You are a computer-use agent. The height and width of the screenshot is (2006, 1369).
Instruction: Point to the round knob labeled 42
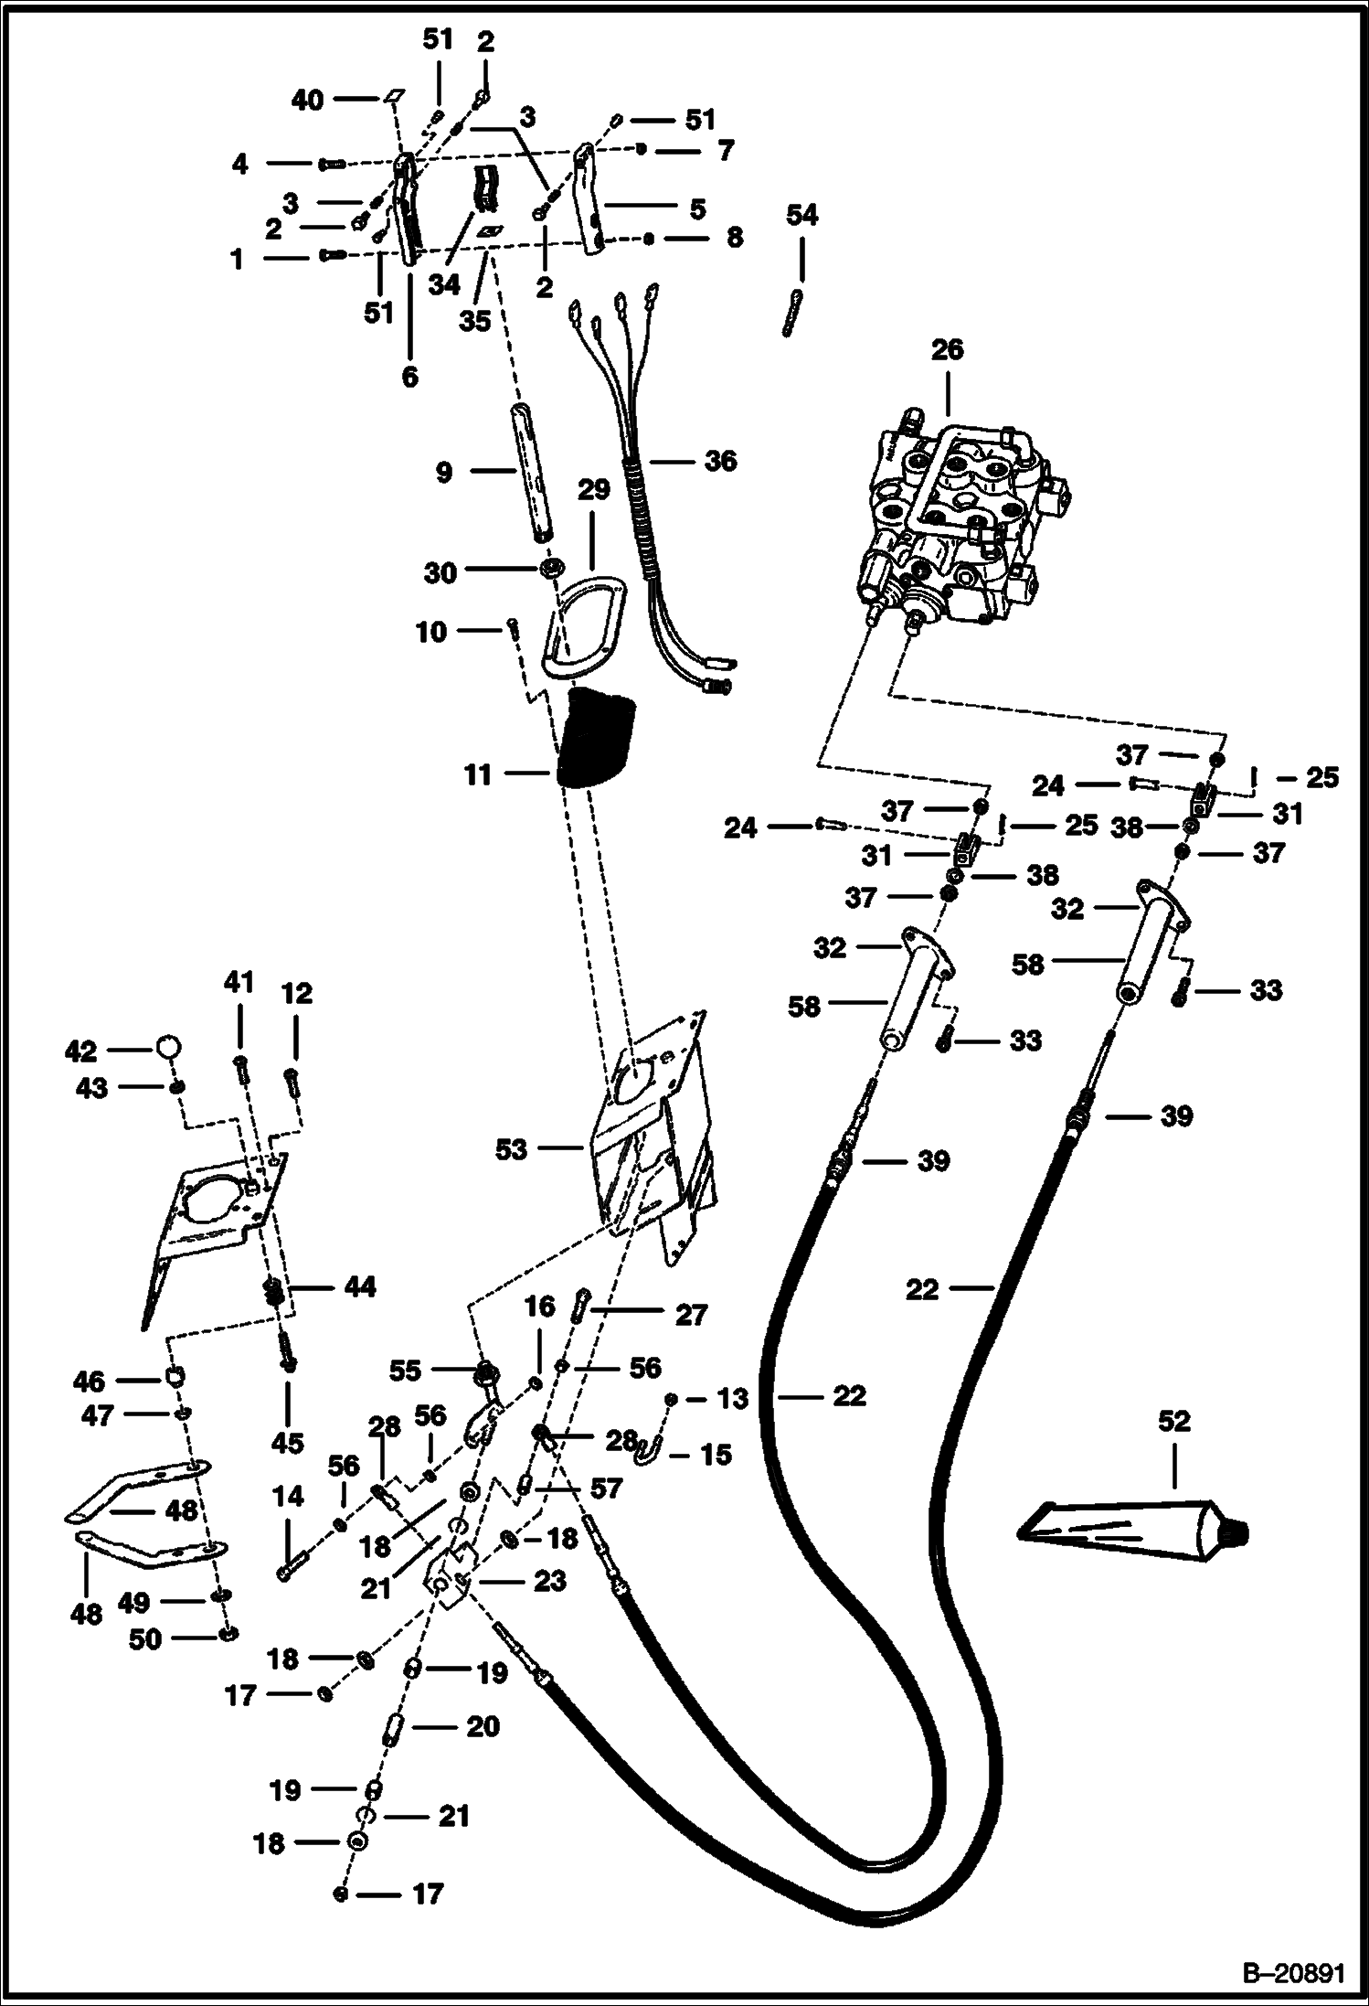tap(169, 1045)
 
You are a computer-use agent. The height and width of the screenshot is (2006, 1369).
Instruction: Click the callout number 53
tap(511, 1149)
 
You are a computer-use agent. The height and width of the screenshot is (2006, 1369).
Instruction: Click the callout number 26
tap(947, 350)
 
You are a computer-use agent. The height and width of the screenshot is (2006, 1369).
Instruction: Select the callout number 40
tap(307, 100)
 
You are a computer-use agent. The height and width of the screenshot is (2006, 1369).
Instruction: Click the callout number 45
tap(288, 1442)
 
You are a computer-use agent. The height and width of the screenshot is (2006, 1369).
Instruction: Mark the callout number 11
tap(478, 775)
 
